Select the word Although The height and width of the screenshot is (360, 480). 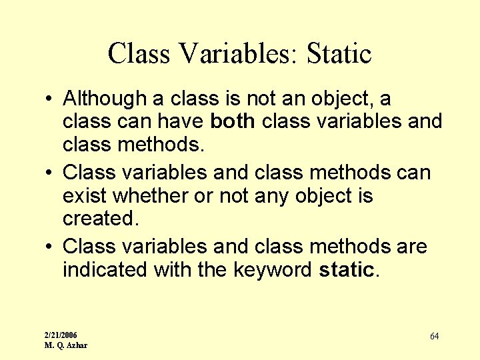click(x=105, y=99)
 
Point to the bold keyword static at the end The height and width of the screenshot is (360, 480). click(x=347, y=270)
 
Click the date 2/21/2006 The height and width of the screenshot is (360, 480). click(x=61, y=335)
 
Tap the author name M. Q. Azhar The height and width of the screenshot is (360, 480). click(x=65, y=345)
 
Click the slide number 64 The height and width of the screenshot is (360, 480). click(x=434, y=336)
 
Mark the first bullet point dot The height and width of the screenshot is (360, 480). click(x=51, y=99)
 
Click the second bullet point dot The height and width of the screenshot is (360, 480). click(x=51, y=173)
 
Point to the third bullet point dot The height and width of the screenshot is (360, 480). click(x=51, y=247)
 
